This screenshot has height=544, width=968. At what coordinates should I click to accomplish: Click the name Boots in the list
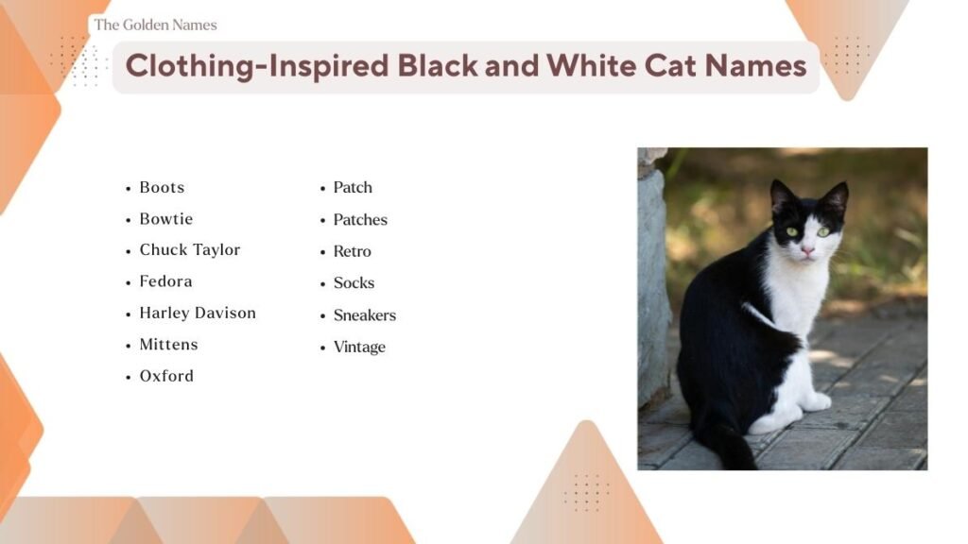point(162,187)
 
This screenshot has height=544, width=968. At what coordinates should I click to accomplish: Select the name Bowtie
point(165,218)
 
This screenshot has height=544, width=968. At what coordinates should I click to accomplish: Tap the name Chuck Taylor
point(189,249)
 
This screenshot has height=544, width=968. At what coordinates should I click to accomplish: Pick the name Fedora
point(165,280)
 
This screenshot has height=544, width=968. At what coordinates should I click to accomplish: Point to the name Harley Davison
point(197,313)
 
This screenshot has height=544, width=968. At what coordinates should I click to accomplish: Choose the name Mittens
point(168,344)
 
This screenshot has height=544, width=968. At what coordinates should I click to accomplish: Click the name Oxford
point(166,375)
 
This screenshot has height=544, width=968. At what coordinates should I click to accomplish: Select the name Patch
point(353,187)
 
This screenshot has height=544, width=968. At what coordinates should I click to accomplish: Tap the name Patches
point(360,219)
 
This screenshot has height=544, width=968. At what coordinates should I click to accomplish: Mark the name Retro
point(352,251)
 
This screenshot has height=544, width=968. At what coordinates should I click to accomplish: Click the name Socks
point(354,282)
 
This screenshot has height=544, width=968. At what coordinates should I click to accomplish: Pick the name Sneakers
point(364,314)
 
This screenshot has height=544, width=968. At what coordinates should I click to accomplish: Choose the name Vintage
point(359,347)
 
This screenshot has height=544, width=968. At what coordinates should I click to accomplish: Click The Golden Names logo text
point(155,25)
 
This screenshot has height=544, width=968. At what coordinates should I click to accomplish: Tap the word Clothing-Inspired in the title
point(258,66)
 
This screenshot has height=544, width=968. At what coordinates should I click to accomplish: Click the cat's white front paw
point(816,402)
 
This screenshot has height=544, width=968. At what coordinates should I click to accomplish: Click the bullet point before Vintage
point(322,348)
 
